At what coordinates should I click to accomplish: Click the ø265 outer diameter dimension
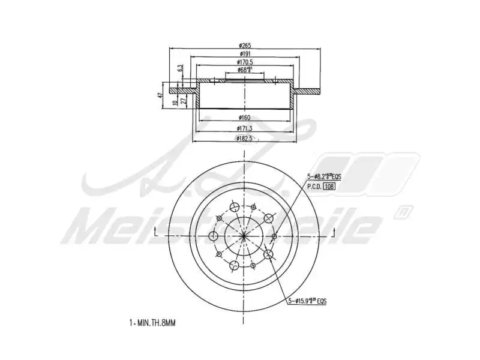coord(245,45)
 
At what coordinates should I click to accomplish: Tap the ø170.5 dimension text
coord(245,62)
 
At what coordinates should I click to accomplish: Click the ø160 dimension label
coord(245,117)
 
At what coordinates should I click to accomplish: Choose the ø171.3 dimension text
coord(245,128)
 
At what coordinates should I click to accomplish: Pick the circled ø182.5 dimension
coord(245,139)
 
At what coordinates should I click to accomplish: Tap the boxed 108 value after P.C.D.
coord(328,187)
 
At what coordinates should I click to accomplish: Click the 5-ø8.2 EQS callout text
coord(324,176)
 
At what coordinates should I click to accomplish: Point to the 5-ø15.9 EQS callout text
coord(309,301)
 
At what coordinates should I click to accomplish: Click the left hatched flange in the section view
coord(183,91)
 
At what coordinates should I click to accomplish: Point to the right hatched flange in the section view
coord(307,91)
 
